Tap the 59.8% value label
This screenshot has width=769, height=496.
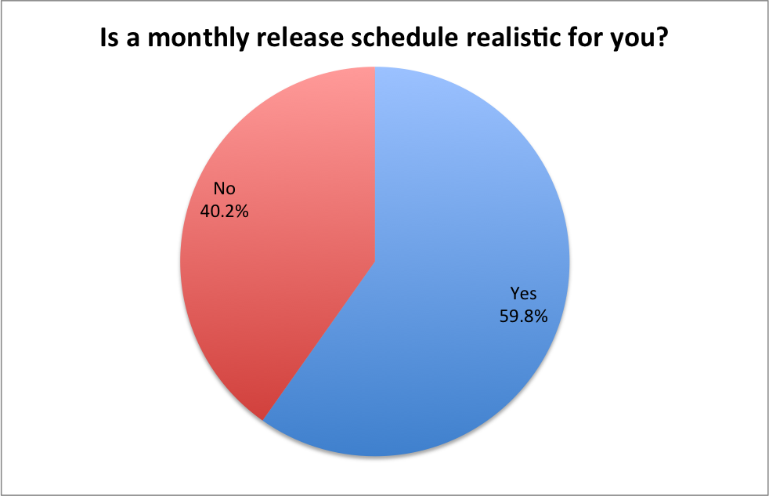(x=523, y=317)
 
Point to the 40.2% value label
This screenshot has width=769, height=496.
(x=224, y=212)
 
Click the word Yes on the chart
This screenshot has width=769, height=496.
(x=523, y=293)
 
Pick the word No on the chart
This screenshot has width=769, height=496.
(x=224, y=188)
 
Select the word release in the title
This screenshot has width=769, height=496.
(x=300, y=38)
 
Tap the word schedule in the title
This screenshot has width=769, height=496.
(x=405, y=38)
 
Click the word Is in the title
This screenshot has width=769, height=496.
(x=110, y=38)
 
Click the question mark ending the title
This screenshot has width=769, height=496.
(x=662, y=38)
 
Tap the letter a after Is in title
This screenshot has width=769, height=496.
(x=133, y=40)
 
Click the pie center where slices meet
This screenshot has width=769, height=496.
(x=375, y=262)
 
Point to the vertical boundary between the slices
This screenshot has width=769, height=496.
(x=375, y=165)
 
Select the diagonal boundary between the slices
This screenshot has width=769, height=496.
(x=319, y=341)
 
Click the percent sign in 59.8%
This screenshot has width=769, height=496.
(x=540, y=317)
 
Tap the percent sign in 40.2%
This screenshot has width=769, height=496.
(x=241, y=212)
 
